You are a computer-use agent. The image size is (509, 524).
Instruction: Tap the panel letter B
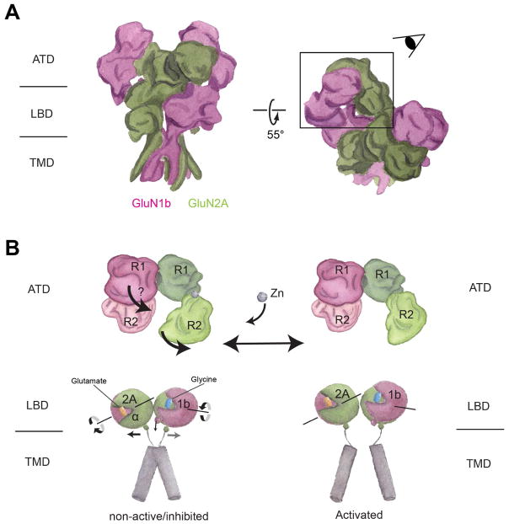[13, 249]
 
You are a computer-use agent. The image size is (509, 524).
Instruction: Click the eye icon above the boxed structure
[411, 41]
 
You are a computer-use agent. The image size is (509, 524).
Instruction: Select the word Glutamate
[86, 381]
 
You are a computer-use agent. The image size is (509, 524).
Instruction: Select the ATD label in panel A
[43, 60]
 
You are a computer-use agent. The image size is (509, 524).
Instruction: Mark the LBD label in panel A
[43, 111]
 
